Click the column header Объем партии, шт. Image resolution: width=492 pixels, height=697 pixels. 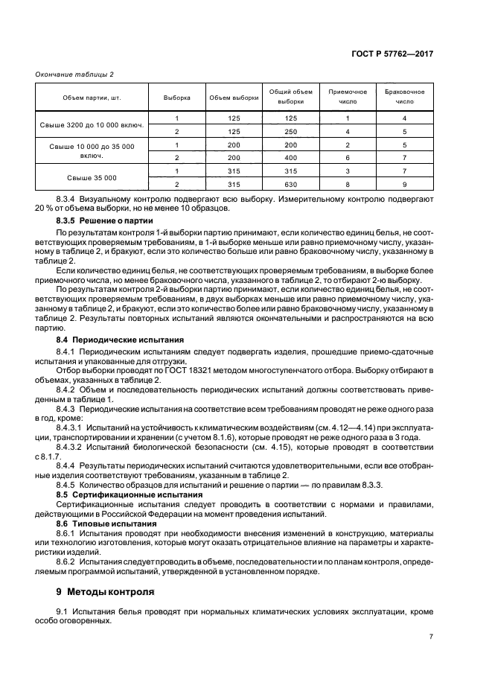tap(91, 98)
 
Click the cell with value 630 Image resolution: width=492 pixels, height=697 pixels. tap(291, 184)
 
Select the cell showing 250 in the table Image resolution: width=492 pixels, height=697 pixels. tap(291, 131)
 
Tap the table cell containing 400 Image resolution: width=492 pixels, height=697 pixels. tap(291, 158)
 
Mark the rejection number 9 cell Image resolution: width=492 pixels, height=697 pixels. tap(404, 184)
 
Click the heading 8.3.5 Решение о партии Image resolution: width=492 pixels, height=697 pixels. tap(105, 221)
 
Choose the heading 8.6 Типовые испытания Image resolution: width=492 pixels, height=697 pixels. tap(96, 523)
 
